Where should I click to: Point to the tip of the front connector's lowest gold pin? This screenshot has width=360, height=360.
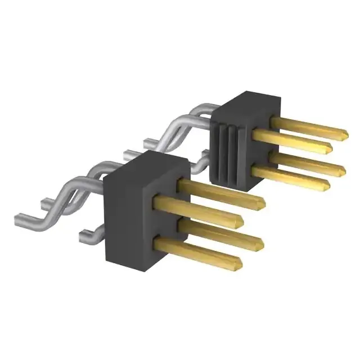coord(240,262)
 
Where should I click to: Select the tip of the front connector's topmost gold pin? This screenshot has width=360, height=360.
coord(262,201)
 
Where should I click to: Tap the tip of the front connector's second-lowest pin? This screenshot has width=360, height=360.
coord(262,242)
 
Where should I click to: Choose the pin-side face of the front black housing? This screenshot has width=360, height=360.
coord(169,219)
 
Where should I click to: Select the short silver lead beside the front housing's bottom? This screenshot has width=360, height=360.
coord(90,232)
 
